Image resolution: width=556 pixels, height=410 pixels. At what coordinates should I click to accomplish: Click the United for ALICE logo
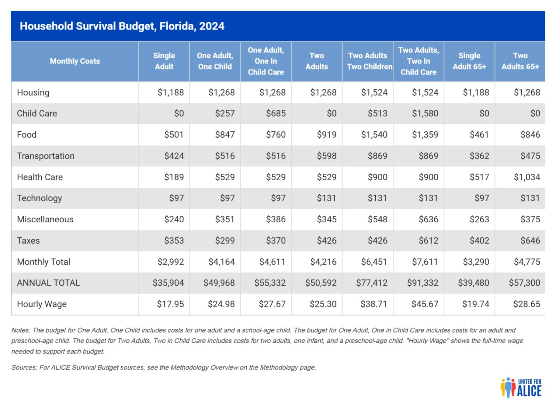[521, 388]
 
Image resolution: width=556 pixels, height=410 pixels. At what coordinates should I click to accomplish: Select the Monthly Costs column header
[75, 61]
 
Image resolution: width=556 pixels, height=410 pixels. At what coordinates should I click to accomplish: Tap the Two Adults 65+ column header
[520, 61]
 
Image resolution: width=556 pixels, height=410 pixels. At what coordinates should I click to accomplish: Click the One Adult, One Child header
[215, 61]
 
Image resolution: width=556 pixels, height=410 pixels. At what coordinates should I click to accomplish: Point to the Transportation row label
[46, 156]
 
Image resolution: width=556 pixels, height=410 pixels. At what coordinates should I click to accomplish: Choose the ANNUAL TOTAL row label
[48, 283]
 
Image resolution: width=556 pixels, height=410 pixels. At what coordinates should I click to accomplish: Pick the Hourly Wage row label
[42, 304]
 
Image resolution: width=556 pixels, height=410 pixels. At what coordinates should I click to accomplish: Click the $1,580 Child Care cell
[425, 113]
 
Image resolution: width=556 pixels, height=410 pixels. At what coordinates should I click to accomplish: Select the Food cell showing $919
[327, 134]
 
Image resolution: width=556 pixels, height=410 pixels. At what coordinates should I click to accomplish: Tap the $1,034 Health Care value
[527, 177]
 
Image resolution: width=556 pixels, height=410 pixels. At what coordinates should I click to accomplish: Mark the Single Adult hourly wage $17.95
[171, 304]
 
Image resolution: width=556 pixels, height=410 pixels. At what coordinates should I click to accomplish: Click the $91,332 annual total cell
[423, 283]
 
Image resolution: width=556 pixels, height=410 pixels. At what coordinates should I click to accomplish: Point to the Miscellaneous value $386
[276, 219]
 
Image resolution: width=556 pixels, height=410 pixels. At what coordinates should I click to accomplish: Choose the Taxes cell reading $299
[225, 240]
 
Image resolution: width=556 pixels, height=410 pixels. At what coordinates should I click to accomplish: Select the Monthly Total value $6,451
[374, 262]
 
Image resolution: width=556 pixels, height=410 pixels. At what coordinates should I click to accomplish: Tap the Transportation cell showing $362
[479, 156]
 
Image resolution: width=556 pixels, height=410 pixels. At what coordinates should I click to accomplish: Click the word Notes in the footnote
[21, 330]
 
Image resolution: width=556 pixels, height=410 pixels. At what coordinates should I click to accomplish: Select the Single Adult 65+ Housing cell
[476, 92]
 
